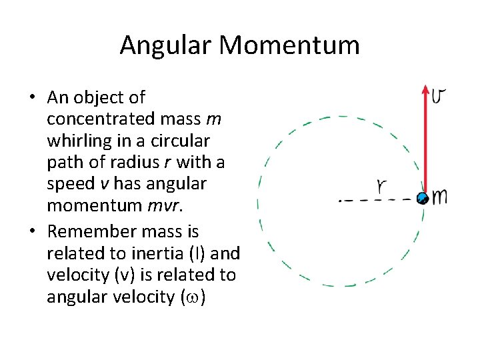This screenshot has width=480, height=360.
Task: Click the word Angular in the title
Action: tap(165, 45)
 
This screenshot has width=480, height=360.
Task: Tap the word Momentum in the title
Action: tap(289, 45)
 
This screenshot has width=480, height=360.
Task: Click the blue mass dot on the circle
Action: tap(422, 197)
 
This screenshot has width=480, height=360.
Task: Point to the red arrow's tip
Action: tap(425, 87)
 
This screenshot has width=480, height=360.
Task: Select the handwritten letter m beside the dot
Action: tap(439, 196)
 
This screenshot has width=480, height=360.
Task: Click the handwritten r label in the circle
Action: tap(382, 186)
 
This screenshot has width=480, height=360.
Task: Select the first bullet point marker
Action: tap(32, 98)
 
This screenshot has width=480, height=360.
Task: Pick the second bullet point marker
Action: tap(32, 232)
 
